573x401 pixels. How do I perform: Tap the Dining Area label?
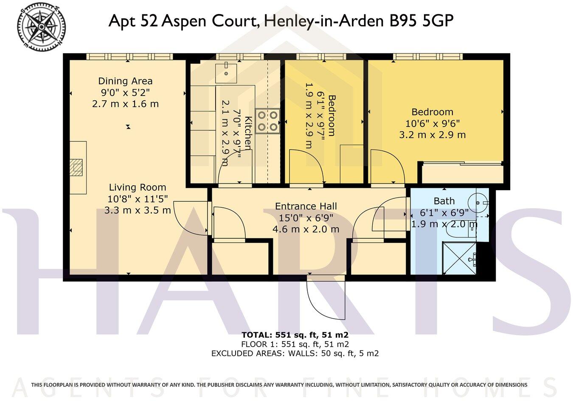(125, 81)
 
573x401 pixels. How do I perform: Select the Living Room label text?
(138, 187)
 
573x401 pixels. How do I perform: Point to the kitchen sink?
(226, 72)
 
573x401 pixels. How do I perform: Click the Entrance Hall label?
(306, 206)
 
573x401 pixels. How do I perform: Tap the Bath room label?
(444, 201)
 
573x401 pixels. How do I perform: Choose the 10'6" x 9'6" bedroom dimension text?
(432, 124)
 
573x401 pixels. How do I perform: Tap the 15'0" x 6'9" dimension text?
(306, 218)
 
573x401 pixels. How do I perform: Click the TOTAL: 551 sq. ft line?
(295, 335)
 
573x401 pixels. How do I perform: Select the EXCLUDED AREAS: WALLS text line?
(295, 353)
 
